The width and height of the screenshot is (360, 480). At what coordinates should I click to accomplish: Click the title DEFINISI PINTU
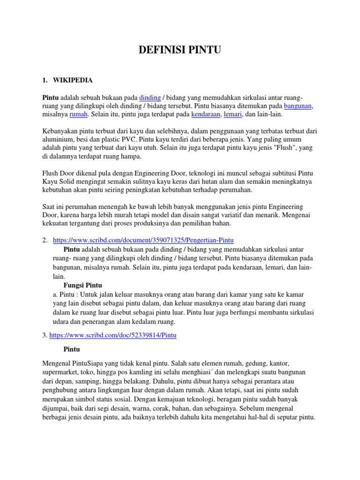(x=180, y=51)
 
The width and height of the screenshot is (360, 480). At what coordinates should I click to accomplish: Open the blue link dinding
(x=150, y=97)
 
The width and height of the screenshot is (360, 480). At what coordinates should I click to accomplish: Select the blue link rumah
(x=78, y=114)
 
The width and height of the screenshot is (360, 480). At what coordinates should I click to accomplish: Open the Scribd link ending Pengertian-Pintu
(x=143, y=240)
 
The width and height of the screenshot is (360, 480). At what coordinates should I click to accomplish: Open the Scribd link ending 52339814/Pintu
(x=112, y=336)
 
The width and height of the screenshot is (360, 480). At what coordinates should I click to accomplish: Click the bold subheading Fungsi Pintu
(x=82, y=285)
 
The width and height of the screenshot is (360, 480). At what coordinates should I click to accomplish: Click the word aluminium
(x=58, y=140)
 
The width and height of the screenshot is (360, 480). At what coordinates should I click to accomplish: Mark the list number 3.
(x=44, y=336)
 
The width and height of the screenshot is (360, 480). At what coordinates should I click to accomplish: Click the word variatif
(x=246, y=215)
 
